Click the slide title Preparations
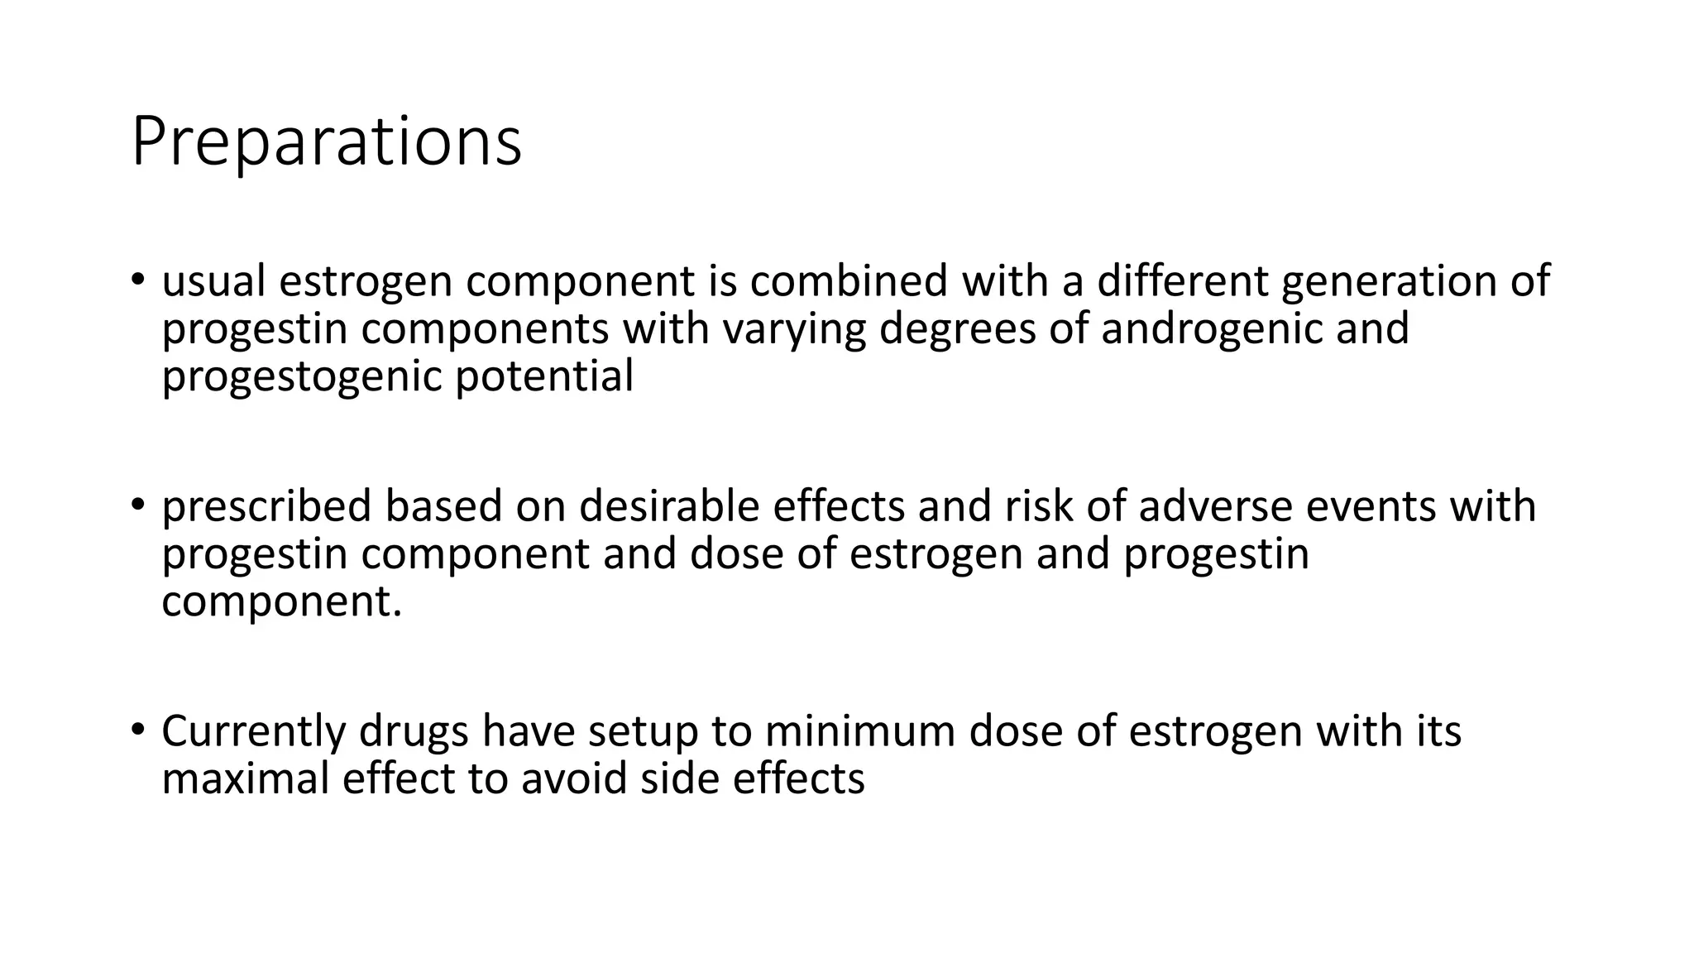click(x=326, y=142)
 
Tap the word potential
click(x=544, y=376)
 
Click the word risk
click(x=1038, y=506)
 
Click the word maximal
click(x=245, y=778)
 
